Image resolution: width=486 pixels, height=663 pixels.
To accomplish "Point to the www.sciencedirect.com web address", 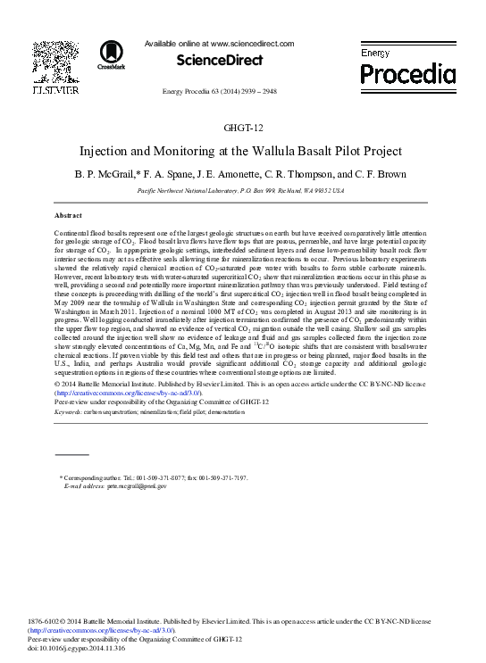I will [x=253, y=43].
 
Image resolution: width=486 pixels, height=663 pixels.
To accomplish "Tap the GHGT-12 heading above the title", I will [x=243, y=128].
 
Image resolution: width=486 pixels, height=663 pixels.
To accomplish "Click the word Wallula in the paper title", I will [x=277, y=152].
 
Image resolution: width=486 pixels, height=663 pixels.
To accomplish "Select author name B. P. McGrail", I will [x=107, y=174].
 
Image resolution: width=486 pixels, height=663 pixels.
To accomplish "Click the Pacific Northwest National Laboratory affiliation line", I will [x=242, y=191].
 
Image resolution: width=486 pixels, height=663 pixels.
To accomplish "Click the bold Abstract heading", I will [x=68, y=216].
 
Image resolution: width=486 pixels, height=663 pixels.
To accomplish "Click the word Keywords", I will [x=70, y=412].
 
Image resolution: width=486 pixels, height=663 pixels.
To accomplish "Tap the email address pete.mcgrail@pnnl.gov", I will [x=134, y=486].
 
